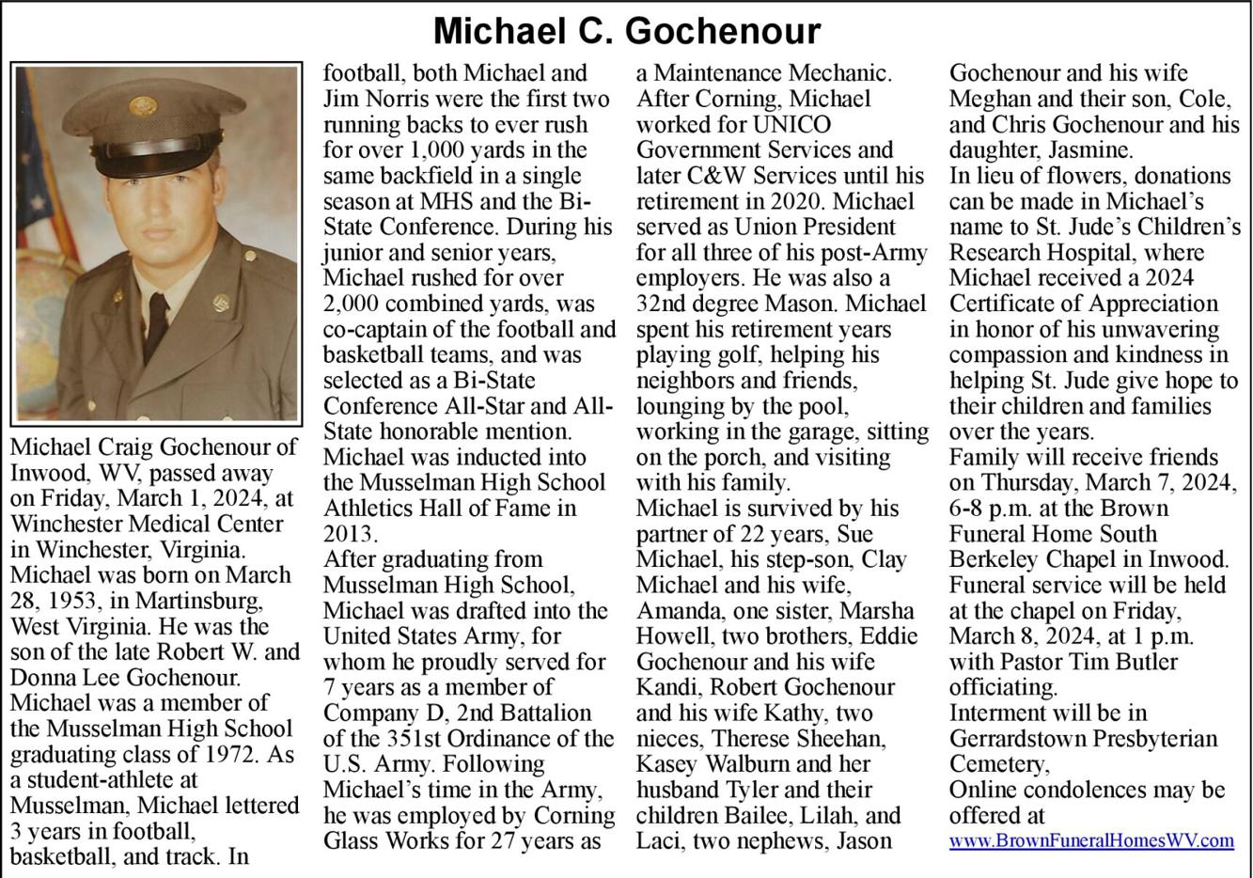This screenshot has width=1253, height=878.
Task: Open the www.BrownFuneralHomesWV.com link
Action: (1090, 840)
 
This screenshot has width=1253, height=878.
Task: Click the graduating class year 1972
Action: (237, 754)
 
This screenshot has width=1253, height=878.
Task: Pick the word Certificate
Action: (1014, 304)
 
